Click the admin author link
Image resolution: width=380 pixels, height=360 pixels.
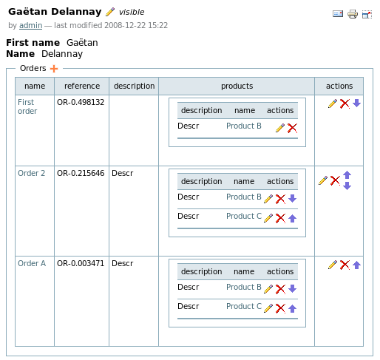30,25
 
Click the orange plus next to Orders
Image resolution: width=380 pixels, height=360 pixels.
54,69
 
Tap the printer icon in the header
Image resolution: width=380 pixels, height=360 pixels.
353,14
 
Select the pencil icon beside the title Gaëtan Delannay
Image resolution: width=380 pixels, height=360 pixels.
110,12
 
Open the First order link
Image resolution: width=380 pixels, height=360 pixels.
27,106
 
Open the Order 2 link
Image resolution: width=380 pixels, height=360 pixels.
31,173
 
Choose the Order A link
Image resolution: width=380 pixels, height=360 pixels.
32,263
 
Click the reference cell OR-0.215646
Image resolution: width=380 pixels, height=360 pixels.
81,173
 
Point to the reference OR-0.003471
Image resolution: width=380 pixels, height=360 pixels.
81,263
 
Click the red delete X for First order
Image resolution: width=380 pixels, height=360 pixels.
345,103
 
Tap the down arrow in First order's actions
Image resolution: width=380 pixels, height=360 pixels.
356,103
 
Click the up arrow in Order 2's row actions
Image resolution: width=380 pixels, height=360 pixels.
347,175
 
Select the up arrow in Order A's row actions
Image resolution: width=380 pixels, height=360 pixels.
356,265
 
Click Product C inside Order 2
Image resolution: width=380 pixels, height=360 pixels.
244,216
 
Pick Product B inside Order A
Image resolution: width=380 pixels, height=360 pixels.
244,287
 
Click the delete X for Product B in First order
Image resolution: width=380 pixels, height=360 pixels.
292,128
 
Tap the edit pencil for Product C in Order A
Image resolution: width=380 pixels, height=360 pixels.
268,308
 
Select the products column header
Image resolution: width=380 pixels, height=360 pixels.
237,86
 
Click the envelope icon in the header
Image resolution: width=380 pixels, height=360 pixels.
338,13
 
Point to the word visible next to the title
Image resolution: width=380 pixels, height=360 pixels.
132,12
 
